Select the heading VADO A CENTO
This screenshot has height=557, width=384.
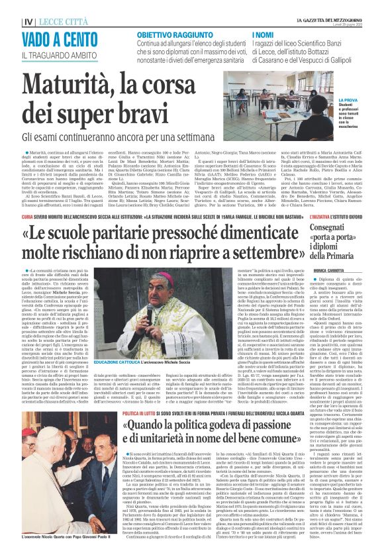pos(50,40)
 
